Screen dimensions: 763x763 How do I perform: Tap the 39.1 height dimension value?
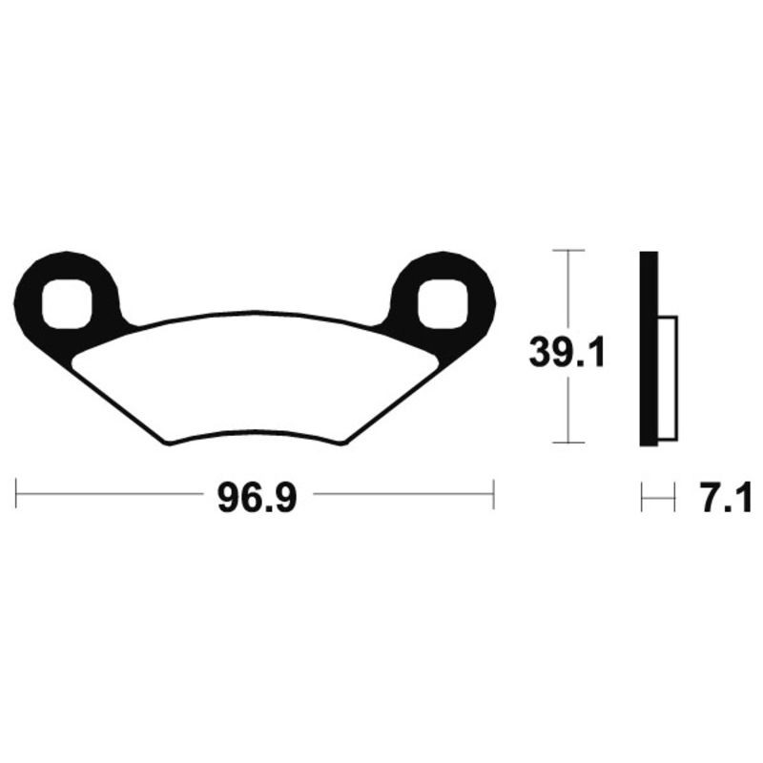tap(568, 355)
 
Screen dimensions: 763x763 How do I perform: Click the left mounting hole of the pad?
tap(66, 304)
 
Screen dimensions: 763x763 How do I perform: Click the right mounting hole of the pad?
tap(443, 304)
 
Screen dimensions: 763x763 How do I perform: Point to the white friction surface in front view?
tap(256, 377)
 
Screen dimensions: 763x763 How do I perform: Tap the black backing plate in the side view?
tap(648, 348)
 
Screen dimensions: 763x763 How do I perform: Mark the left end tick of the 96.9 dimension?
tap(17, 494)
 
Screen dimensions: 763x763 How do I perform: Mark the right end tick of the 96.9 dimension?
tap(493, 494)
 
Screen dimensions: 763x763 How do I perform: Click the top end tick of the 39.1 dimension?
tap(568, 251)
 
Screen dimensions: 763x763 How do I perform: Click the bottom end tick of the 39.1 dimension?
tap(568, 443)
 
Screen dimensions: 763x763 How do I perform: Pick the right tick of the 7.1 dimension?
tap(673, 497)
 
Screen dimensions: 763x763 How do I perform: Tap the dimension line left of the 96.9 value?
tap(105, 494)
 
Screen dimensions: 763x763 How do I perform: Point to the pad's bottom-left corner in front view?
tap(169, 443)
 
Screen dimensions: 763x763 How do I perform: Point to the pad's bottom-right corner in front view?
tap(341, 443)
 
